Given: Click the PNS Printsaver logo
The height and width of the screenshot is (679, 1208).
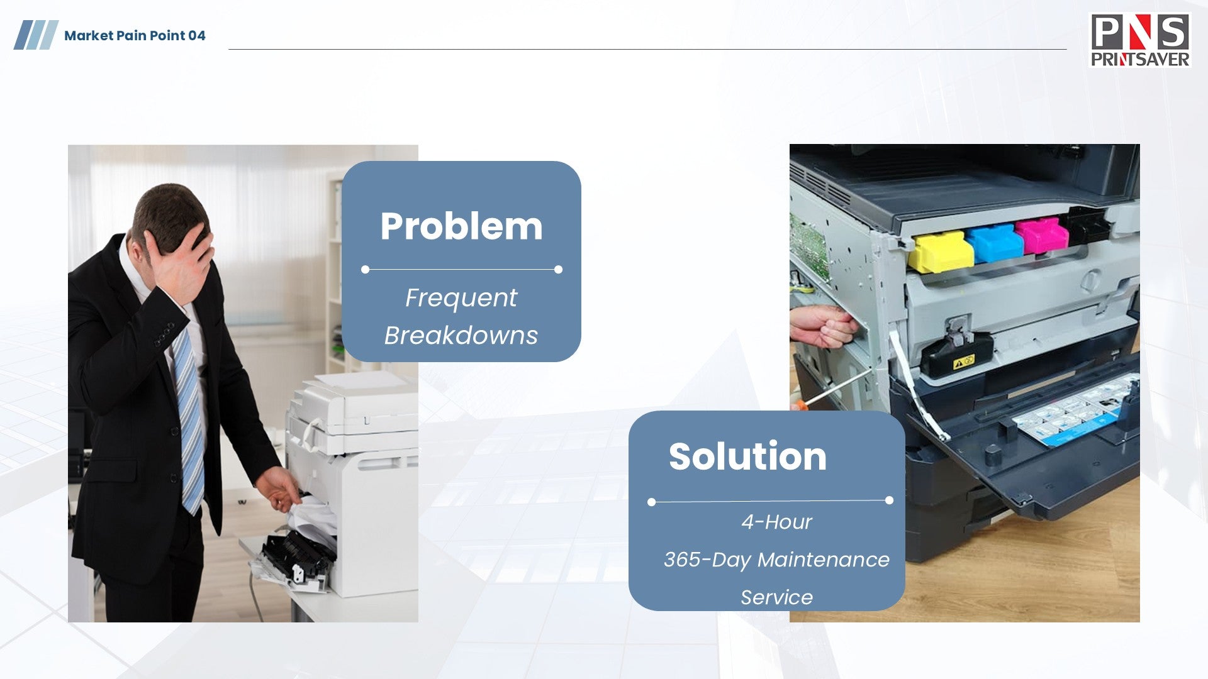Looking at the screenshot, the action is (1140, 41).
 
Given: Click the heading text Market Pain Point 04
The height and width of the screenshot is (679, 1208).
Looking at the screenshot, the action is (135, 36).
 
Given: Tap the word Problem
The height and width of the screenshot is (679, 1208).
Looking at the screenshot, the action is (461, 226).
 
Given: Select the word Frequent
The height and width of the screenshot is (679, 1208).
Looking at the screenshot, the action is (461, 298).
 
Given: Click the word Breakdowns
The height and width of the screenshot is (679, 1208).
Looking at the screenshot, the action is (461, 335).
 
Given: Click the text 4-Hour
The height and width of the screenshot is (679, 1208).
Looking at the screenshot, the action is (776, 522).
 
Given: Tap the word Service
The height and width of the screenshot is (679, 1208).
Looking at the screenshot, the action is (776, 597).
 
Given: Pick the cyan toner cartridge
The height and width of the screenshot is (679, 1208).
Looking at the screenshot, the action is (995, 242).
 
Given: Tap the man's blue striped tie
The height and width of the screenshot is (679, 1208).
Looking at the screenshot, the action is (189, 415).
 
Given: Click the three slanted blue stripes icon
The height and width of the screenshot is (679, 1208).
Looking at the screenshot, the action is (36, 35).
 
